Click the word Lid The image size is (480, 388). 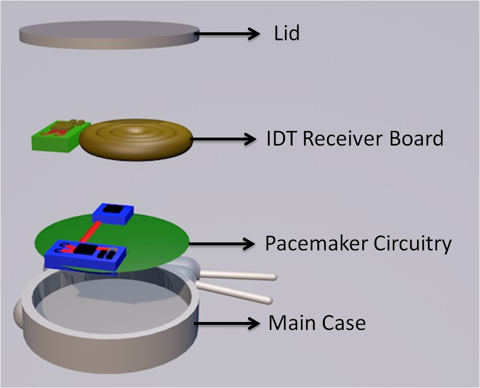(286, 34)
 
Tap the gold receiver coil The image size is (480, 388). (136, 138)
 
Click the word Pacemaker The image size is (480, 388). (316, 243)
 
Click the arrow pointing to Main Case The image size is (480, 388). (227, 323)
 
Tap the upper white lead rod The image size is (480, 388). (239, 276)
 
